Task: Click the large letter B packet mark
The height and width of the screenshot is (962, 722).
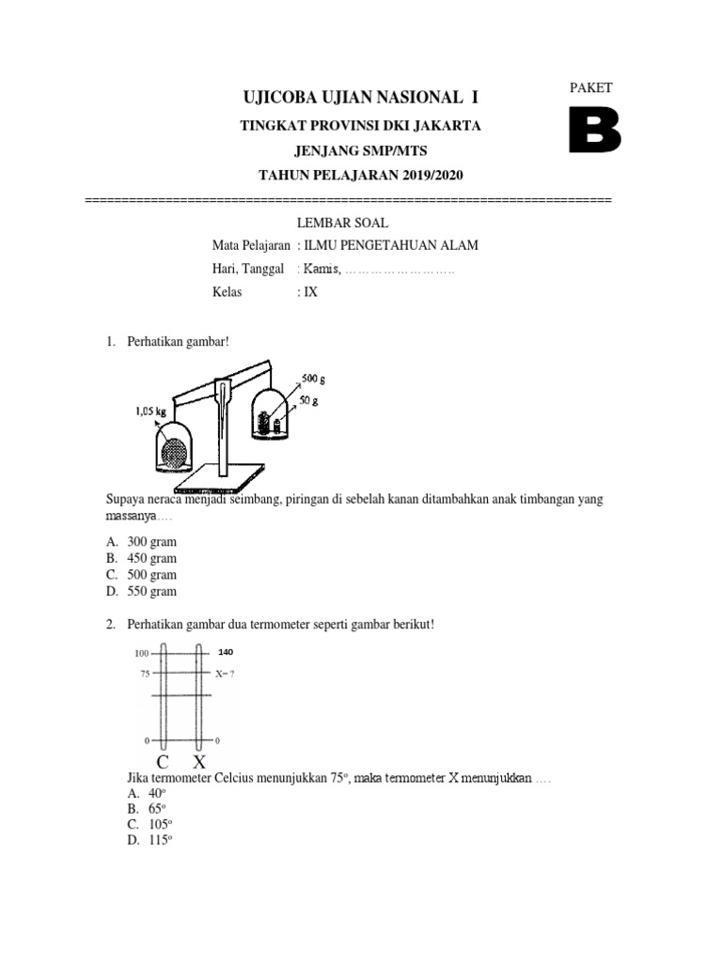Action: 594,131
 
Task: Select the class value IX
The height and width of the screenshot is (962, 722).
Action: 310,292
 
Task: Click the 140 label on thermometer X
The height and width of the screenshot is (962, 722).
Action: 225,652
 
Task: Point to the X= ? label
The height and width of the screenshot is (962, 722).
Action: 226,674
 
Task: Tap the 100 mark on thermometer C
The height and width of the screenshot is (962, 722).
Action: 142,653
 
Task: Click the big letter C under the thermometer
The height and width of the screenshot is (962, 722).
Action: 163,762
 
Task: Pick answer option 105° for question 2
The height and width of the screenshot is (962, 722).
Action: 153,824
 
